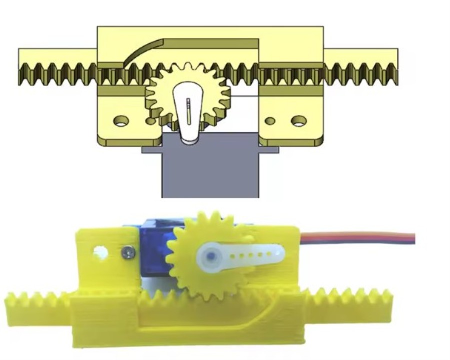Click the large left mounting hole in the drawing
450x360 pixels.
[x=120, y=121]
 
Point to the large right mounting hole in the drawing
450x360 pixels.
[x=299, y=121]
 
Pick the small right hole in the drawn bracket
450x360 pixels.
[x=270, y=121]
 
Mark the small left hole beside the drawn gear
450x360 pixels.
[x=149, y=121]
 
